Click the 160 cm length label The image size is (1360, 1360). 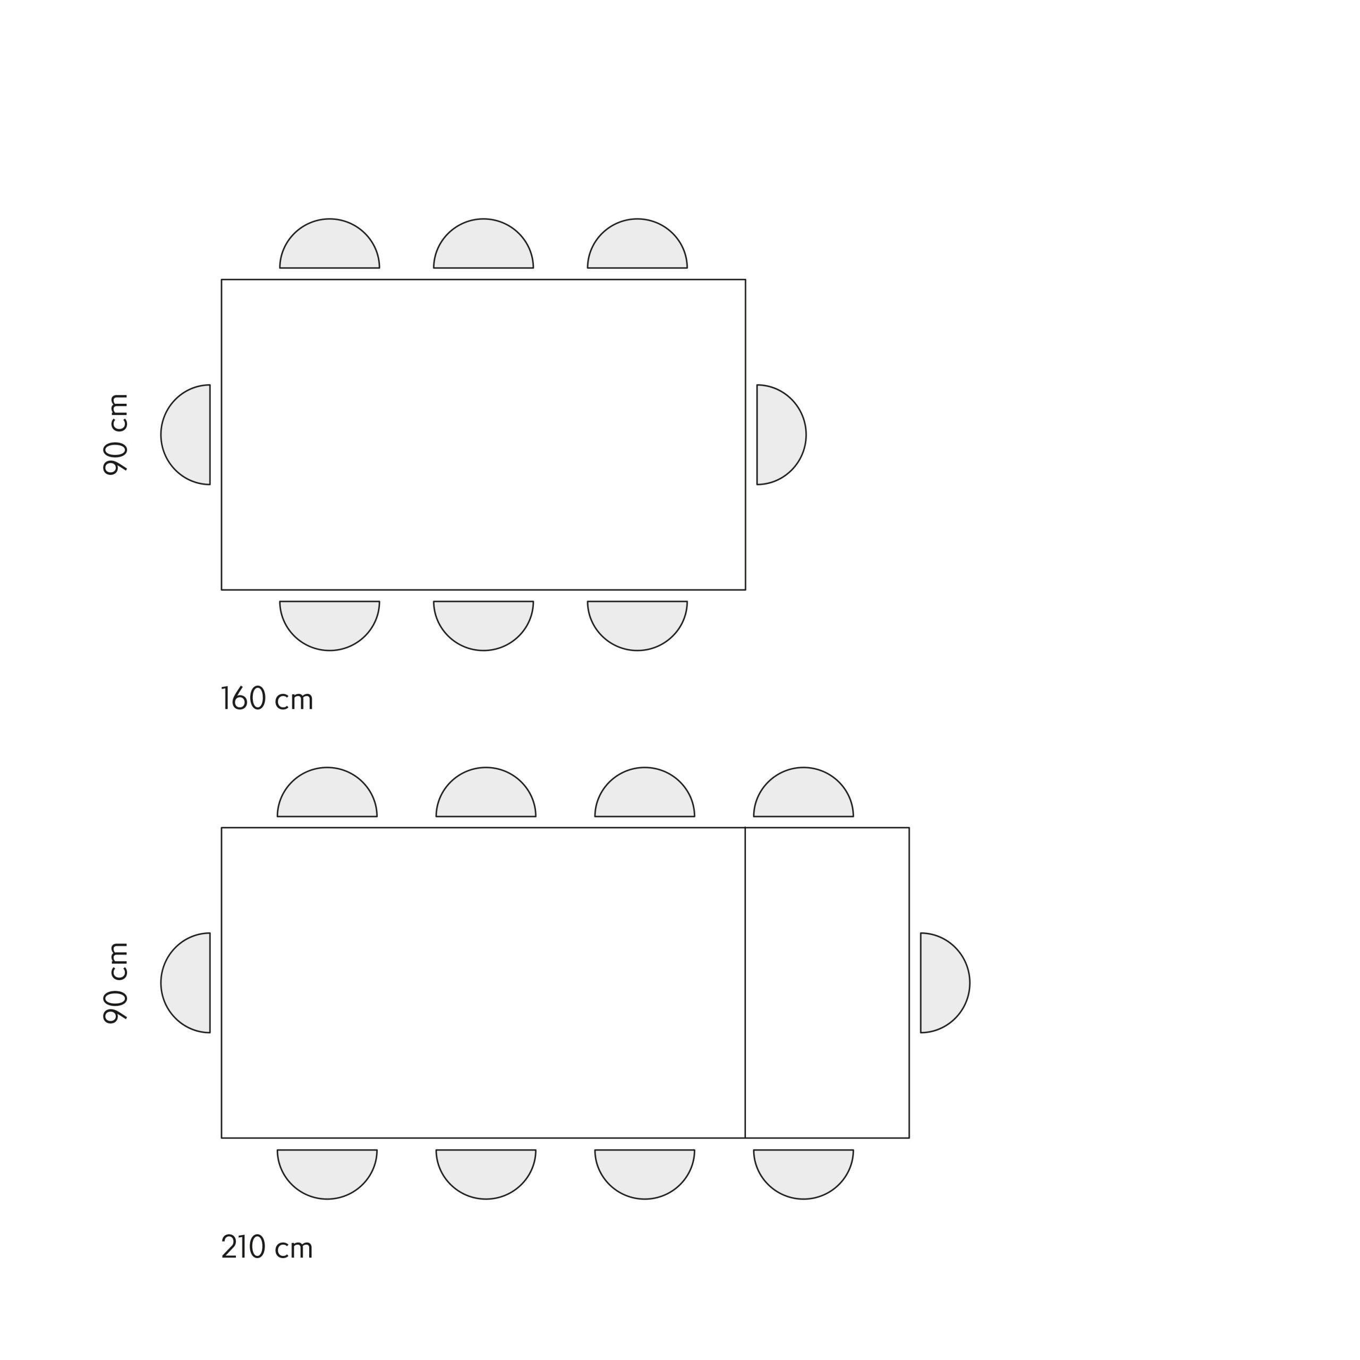coord(267,699)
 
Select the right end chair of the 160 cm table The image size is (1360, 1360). coord(781,435)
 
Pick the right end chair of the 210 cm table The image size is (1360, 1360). coord(946,983)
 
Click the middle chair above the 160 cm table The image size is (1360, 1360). coord(483,243)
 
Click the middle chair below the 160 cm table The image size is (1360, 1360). coord(483,625)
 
